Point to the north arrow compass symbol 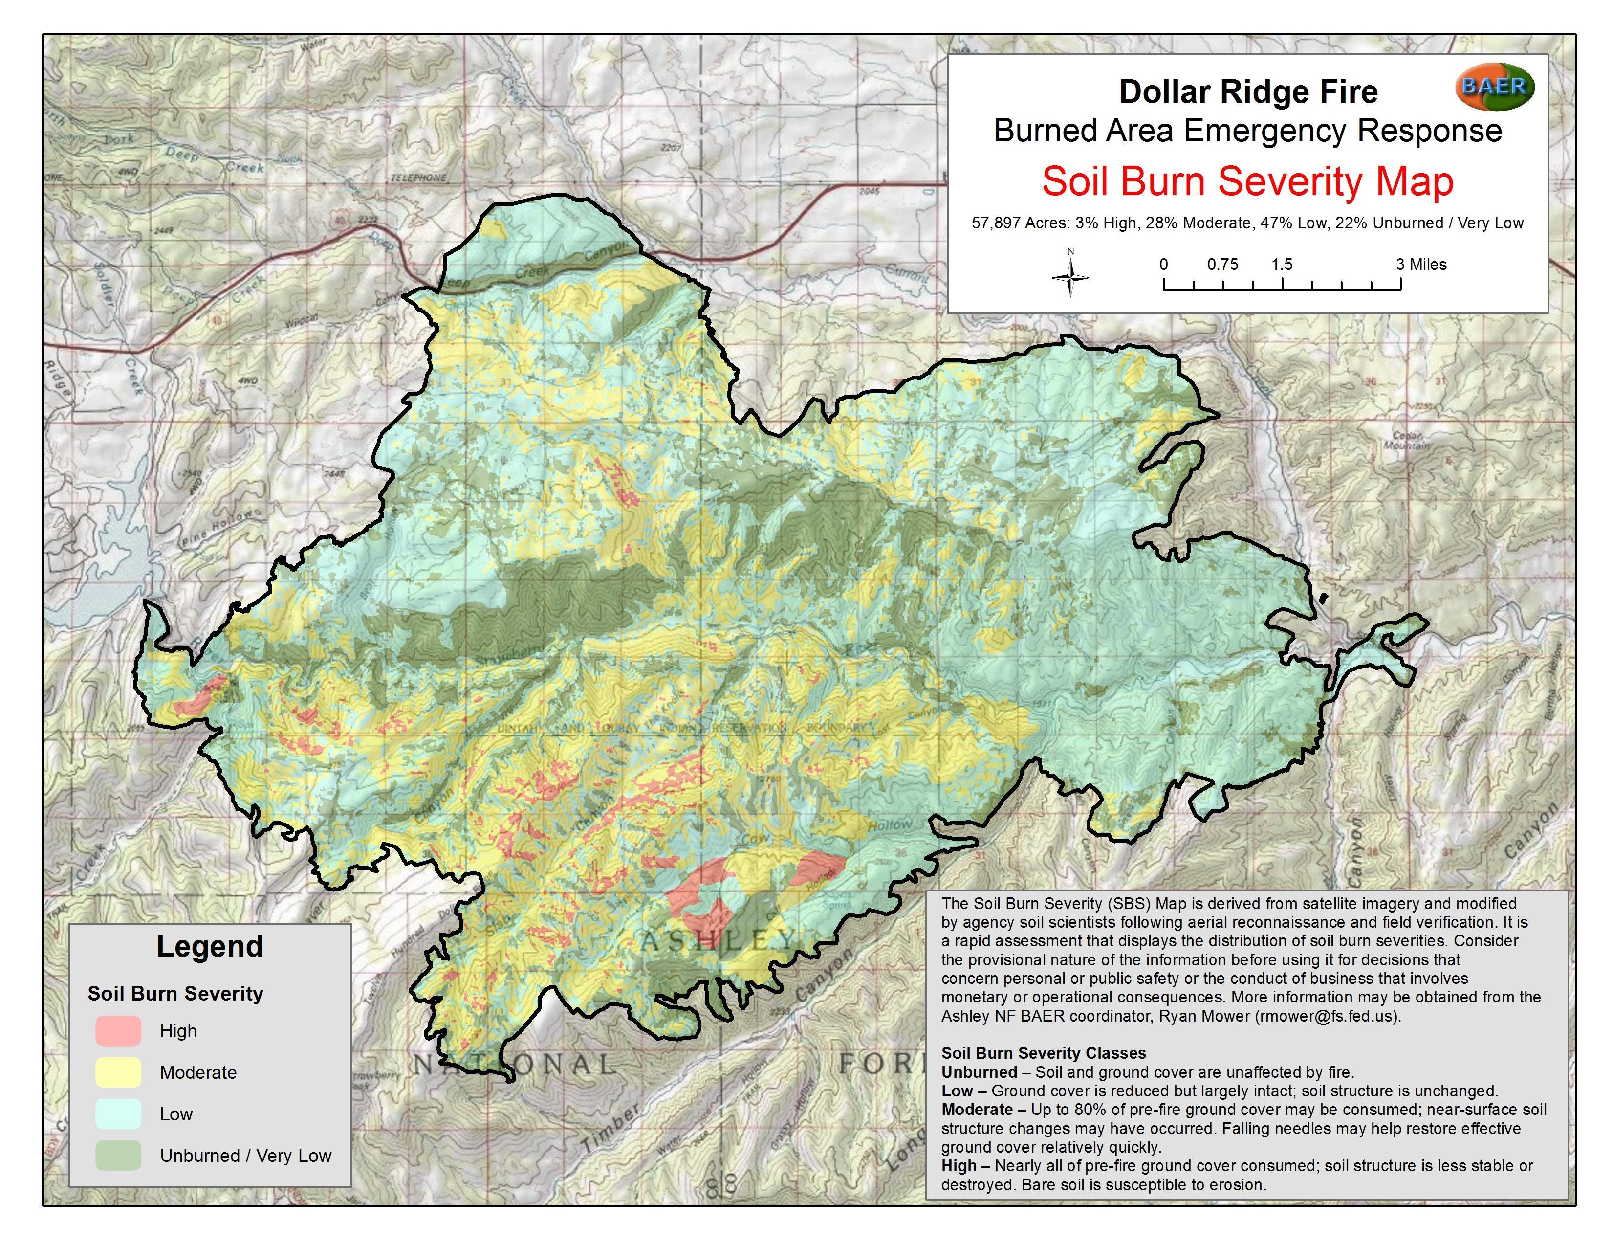[x=1070, y=277]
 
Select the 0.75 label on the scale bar [x=1222, y=265]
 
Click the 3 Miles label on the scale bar [x=1420, y=265]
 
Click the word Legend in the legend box [x=210, y=946]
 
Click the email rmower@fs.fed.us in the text [x=1326, y=1016]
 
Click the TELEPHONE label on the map [x=419, y=178]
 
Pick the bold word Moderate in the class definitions [x=977, y=1110]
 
